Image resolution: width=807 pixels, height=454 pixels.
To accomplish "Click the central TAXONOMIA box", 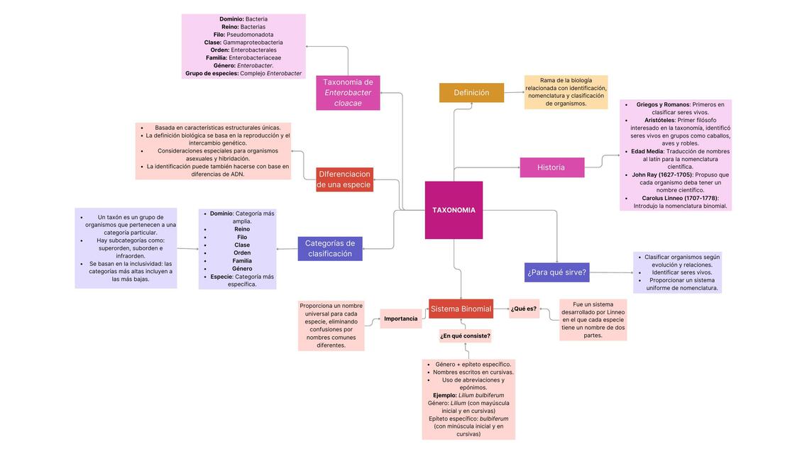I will [454, 210].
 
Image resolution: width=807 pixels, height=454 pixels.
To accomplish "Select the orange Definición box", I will [471, 93].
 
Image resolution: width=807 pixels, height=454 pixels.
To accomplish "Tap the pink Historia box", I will [551, 167].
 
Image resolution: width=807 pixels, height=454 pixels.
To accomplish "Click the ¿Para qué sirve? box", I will [556, 272].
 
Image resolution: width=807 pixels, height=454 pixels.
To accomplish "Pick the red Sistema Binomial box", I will [461, 309].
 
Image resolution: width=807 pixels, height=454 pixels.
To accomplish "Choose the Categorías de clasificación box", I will [329, 248].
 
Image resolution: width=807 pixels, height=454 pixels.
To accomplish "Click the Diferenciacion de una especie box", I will [344, 179].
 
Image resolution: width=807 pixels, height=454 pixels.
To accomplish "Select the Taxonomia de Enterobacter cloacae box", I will [348, 93].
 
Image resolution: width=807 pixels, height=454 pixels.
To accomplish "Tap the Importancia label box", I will [401, 319].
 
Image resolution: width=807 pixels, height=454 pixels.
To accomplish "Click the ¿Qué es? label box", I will [524, 309].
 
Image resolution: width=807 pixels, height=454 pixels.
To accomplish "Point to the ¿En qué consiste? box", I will [465, 336].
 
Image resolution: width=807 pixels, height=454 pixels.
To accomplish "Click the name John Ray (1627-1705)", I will [661, 175].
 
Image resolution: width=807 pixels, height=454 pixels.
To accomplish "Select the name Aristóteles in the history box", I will [659, 120].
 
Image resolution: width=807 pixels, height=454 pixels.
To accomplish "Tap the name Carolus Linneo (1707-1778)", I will [679, 198].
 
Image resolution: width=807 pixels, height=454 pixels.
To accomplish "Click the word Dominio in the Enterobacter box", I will [231, 19].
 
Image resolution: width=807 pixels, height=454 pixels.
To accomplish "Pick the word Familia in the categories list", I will [242, 260].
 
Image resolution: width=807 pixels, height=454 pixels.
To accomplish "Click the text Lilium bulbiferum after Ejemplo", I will [481, 395].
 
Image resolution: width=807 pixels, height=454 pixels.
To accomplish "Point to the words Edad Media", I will [647, 151].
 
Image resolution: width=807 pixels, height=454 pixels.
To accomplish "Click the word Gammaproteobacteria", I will [253, 43].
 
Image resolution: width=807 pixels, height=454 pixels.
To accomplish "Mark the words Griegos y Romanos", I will [662, 104].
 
